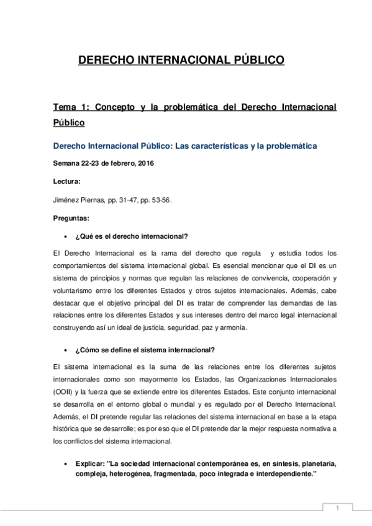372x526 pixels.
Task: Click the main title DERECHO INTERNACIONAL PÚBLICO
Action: [x=181, y=60]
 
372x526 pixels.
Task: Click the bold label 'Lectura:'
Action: [x=67, y=182]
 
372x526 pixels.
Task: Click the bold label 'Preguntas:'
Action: [x=71, y=218]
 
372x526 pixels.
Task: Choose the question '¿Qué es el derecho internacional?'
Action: [x=131, y=236]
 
